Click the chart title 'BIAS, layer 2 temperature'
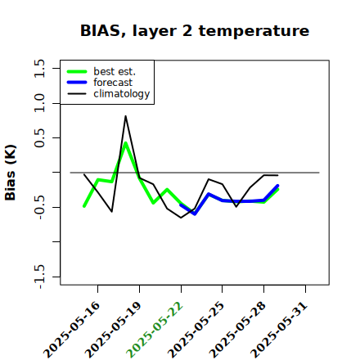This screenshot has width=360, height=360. click(x=195, y=31)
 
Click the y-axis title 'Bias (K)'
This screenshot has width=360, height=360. click(x=11, y=173)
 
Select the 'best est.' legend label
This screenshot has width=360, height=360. click(x=115, y=71)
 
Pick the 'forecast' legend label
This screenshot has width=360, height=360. click(x=113, y=83)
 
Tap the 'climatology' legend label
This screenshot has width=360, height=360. click(x=122, y=94)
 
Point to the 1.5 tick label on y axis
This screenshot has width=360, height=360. click(x=39, y=68)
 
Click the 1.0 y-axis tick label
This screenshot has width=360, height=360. click(x=39, y=103)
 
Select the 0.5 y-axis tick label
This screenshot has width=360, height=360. click(x=39, y=138)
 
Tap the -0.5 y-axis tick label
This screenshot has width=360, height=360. click(x=39, y=207)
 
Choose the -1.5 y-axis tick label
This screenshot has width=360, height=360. click(x=39, y=277)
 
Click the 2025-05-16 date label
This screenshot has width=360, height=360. click(x=72, y=331)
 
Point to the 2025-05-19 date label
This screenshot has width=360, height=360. click(x=113, y=331)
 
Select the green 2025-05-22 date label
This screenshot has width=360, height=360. click(x=155, y=331)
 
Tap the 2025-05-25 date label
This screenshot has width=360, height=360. click(x=196, y=331)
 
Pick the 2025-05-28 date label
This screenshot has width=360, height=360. click(x=237, y=331)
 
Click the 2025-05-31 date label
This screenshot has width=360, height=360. click(x=279, y=331)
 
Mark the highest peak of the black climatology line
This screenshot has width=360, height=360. click(x=125, y=116)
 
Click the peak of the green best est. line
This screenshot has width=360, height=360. click(x=125, y=143)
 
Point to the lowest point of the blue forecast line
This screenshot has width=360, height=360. click(x=195, y=214)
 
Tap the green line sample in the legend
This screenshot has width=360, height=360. click(x=77, y=71)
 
